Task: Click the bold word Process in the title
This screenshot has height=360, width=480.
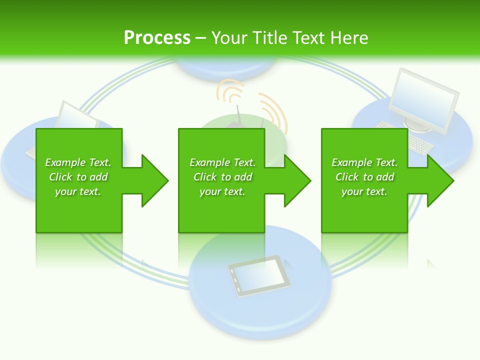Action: click(x=157, y=38)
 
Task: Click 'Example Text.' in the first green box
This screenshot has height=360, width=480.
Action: click(x=78, y=162)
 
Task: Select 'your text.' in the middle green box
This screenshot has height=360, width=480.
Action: click(x=222, y=191)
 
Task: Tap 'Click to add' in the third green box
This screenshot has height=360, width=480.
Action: click(x=364, y=177)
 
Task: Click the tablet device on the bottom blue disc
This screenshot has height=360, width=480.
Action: click(x=255, y=275)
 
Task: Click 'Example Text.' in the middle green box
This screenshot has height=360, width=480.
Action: click(x=222, y=162)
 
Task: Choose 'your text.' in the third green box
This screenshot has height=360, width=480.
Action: click(x=364, y=191)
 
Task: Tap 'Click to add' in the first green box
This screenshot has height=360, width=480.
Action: click(x=78, y=177)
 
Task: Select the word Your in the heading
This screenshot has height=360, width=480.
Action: click(x=230, y=38)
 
